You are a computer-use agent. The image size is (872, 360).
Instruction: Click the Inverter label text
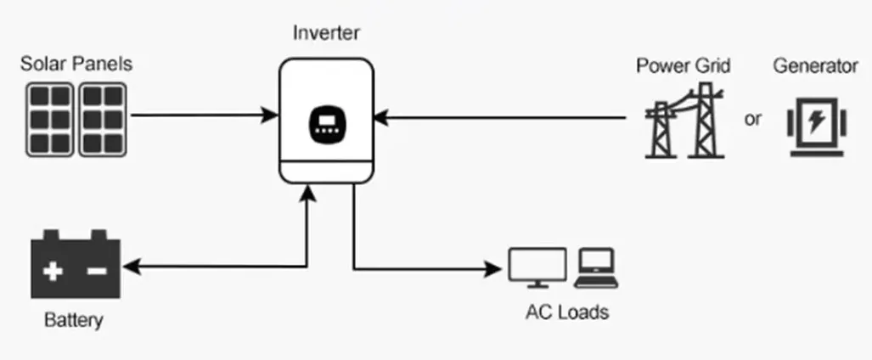click(x=326, y=34)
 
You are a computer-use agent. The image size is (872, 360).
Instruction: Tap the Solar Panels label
click(x=76, y=64)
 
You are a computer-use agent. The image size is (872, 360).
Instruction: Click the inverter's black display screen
click(x=326, y=124)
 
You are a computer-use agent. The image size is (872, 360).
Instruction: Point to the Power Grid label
click(x=684, y=65)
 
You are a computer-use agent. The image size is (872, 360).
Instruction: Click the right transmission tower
click(x=703, y=123)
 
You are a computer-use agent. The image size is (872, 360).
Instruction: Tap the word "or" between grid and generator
click(x=752, y=119)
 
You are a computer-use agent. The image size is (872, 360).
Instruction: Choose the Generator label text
click(x=815, y=65)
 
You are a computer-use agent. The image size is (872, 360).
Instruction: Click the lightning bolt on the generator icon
click(x=815, y=121)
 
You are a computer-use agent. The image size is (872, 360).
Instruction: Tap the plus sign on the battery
click(x=54, y=272)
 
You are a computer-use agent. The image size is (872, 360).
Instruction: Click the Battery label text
click(x=73, y=320)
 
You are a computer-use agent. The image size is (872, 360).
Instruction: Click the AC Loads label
click(x=567, y=312)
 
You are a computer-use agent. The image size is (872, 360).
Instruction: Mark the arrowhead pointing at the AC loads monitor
click(x=495, y=270)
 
